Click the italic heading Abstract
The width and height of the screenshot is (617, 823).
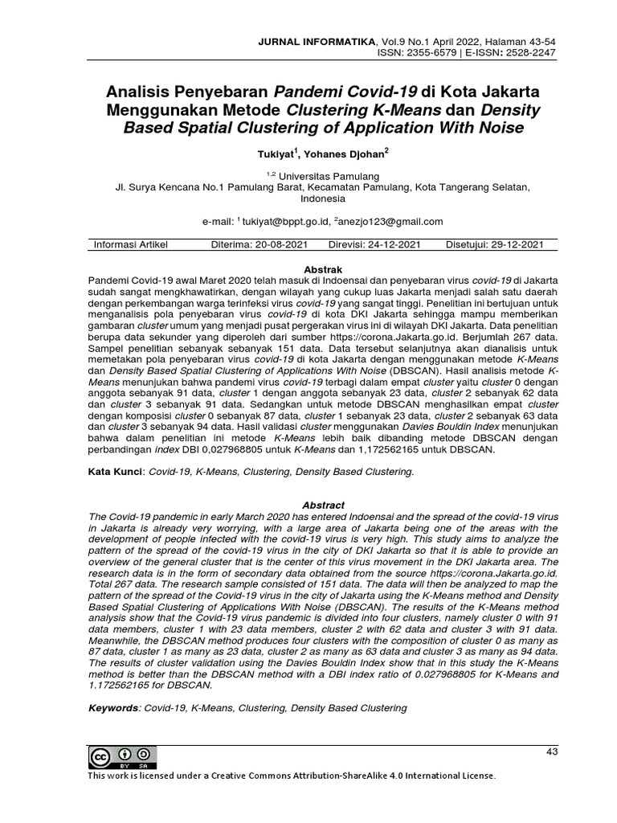click(323, 505)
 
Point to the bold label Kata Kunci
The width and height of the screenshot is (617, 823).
click(115, 473)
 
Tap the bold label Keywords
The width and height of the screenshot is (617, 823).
click(113, 708)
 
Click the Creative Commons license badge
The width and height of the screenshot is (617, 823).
click(123, 757)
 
